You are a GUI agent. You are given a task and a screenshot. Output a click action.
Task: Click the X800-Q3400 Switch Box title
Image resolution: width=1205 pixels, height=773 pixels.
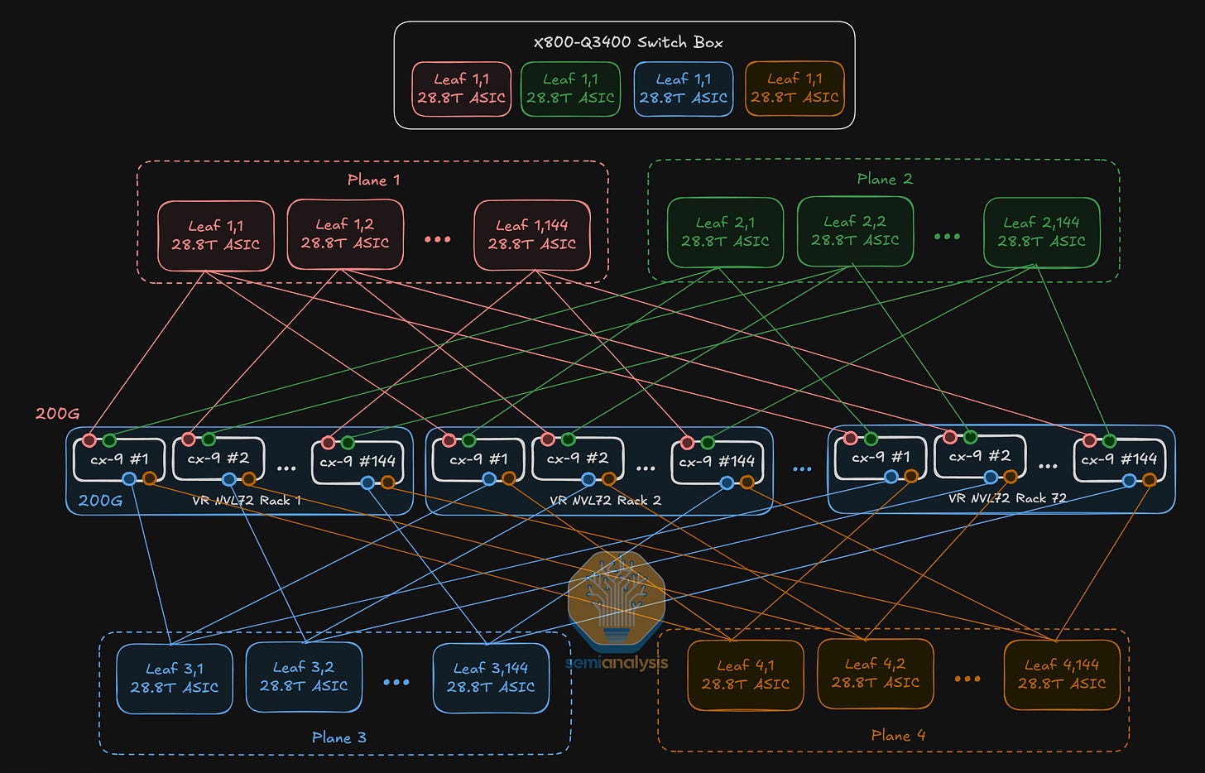tap(628, 42)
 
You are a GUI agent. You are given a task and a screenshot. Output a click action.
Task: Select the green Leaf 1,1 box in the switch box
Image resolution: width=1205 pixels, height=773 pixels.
tap(570, 89)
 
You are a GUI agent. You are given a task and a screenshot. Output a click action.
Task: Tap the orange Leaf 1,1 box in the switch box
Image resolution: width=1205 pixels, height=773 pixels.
tap(795, 89)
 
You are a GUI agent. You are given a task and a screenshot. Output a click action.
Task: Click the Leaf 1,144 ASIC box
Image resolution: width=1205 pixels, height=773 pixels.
tap(532, 235)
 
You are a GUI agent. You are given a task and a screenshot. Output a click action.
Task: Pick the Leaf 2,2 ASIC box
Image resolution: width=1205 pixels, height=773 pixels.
tap(855, 231)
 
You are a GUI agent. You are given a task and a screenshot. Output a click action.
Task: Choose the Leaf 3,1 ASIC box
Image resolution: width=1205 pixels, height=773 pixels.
tap(175, 678)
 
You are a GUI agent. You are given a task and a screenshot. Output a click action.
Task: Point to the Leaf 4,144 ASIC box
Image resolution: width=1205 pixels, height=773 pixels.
tap(1062, 675)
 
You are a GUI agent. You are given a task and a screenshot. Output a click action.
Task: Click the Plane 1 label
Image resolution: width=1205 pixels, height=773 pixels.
tap(373, 180)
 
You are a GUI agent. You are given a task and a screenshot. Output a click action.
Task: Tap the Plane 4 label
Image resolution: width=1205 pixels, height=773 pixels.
tap(898, 735)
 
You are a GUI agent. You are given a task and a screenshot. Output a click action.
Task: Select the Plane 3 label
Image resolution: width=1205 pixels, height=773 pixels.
tap(338, 737)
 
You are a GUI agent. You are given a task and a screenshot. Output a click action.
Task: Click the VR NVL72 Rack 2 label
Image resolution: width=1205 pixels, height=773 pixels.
tap(605, 501)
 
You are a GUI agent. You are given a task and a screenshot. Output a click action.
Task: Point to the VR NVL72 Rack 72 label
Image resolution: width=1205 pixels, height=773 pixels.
tap(1007, 498)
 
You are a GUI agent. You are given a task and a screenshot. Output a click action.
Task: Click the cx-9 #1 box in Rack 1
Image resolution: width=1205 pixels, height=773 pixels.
tap(119, 459)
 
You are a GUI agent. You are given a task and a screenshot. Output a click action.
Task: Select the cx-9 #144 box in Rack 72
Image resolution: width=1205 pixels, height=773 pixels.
tap(1119, 459)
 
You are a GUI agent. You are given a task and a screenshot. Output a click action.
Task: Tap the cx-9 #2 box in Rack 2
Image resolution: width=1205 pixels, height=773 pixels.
tap(576, 459)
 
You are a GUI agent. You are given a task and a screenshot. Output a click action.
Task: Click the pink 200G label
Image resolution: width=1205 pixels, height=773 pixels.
tap(57, 413)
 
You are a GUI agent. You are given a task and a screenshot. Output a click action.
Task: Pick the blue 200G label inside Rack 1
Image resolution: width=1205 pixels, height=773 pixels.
tap(100, 501)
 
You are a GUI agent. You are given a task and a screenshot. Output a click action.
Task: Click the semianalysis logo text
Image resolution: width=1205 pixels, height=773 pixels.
tap(617, 663)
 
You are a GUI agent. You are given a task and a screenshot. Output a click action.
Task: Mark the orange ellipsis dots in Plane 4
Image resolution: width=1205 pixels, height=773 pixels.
tap(967, 679)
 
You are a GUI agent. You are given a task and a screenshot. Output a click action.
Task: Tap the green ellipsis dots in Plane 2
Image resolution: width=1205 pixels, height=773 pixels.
tap(947, 237)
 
